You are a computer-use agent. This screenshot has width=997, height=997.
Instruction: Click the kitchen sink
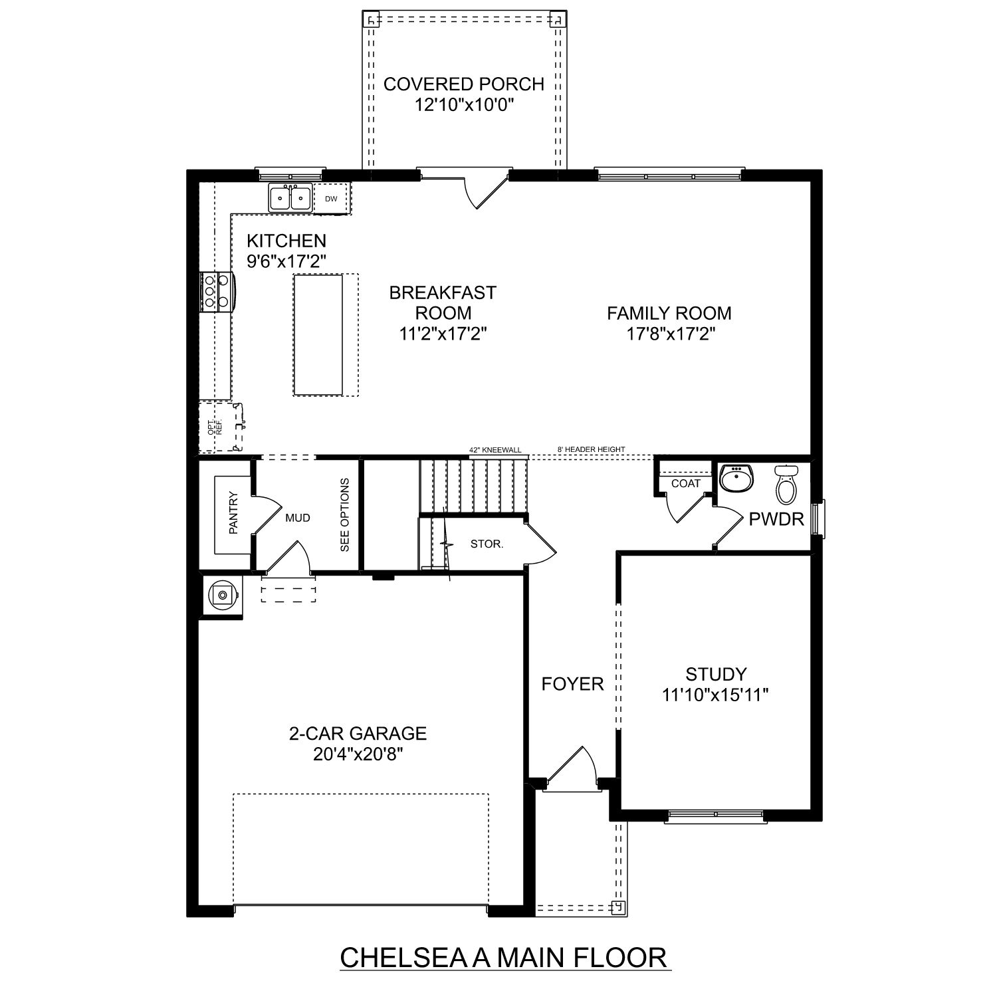pyautogui.click(x=290, y=198)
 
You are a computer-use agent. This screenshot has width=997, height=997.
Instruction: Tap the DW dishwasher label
pyautogui.click(x=331, y=199)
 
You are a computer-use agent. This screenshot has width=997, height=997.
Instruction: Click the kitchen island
pyautogui.click(x=318, y=335)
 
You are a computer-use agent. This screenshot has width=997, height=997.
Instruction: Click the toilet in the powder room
pyautogui.click(x=786, y=483)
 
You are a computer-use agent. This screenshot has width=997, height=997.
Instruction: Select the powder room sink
pyautogui.click(x=736, y=479)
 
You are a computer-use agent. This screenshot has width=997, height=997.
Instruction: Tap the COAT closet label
pyautogui.click(x=685, y=483)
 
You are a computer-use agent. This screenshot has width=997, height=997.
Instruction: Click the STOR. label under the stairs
pyautogui.click(x=487, y=544)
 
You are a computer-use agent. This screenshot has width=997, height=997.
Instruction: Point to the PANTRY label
pyautogui.click(x=233, y=512)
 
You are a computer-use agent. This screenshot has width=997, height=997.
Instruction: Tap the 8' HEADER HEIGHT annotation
pyautogui.click(x=591, y=450)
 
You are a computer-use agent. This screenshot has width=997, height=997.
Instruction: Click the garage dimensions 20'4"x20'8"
pyautogui.click(x=357, y=754)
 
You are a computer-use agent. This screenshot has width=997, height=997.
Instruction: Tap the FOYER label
pyautogui.click(x=572, y=684)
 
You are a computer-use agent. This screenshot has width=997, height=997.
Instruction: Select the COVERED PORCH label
pyautogui.click(x=463, y=84)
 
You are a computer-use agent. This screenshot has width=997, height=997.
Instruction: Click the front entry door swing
pyautogui.click(x=572, y=768)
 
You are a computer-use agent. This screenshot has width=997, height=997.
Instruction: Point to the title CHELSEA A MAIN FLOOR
pyautogui.click(x=503, y=958)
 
